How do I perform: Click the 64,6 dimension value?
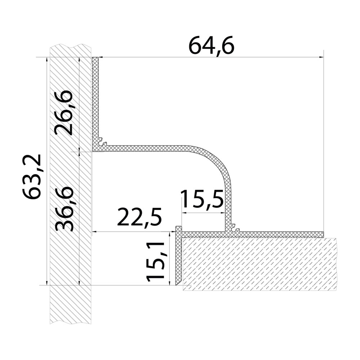[x=212, y=46]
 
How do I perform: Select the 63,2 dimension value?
[x=32, y=176]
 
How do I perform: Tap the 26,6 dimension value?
[x=64, y=113]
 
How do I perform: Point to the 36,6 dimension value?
[x=64, y=209]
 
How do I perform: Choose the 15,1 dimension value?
[x=156, y=261]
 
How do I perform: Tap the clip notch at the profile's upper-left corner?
[x=103, y=142]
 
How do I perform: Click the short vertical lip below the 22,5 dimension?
[x=178, y=256]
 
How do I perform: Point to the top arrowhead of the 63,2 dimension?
[x=47, y=60]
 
